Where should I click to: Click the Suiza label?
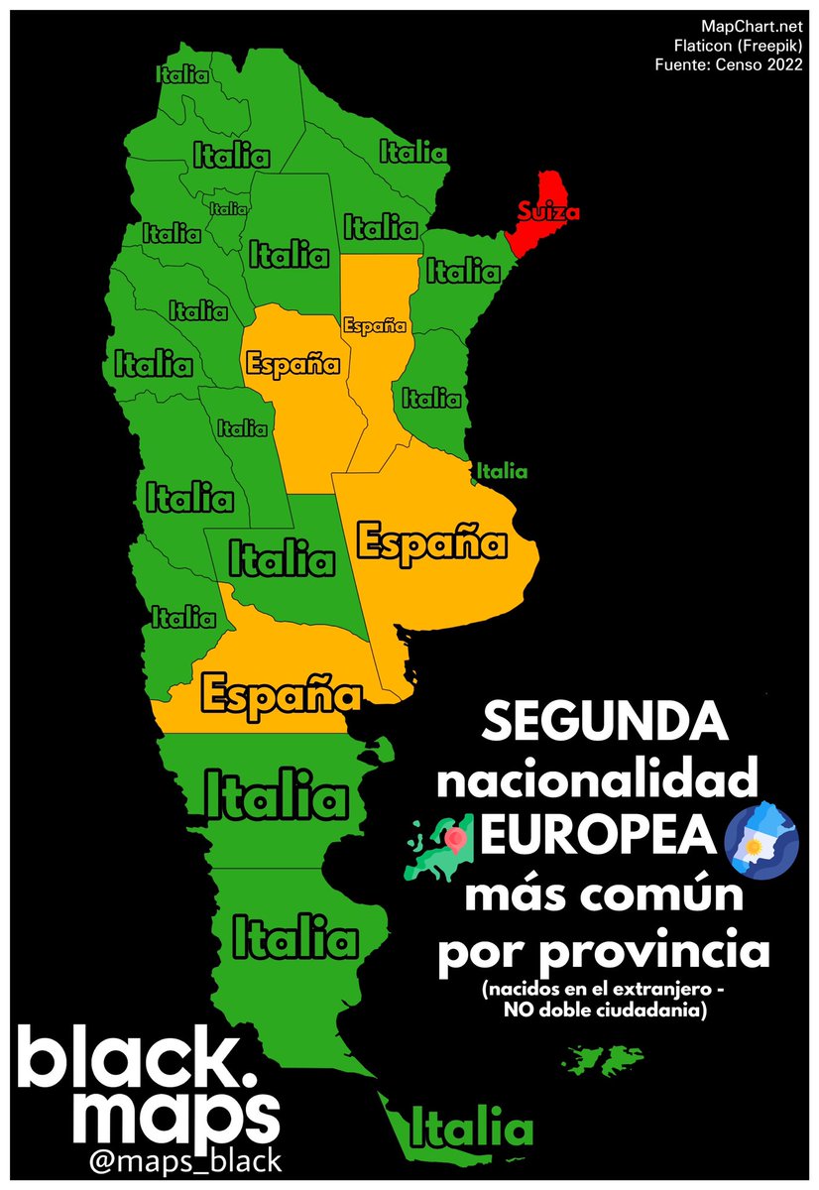coord(546,211)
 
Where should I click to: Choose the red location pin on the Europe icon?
coord(456,839)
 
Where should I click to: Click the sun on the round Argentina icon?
coord(756,847)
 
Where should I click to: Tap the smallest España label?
coord(375,325)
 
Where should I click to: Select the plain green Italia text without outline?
coord(502,472)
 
